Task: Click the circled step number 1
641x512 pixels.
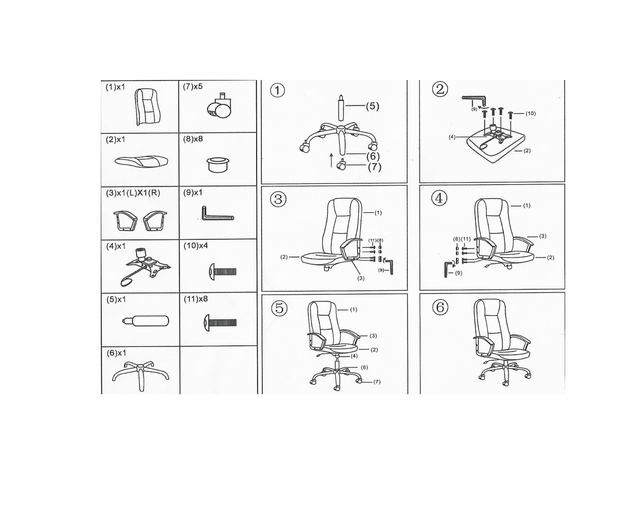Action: coord(277,90)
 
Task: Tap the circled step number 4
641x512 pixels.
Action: coord(439,198)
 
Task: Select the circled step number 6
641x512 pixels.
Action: coord(440,307)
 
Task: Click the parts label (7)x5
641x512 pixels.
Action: coord(193,86)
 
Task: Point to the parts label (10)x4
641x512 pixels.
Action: coord(196,246)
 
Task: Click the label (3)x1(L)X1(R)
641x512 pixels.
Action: coord(133,193)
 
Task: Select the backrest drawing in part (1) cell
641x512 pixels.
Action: coord(147,106)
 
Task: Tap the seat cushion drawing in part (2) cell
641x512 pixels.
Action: coord(141,161)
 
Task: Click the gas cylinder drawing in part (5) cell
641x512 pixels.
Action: coord(145,321)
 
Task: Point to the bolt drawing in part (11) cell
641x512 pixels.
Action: coord(220,322)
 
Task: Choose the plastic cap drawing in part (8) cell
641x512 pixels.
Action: coord(218,165)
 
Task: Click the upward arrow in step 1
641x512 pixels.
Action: coord(331,160)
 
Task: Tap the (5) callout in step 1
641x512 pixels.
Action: coord(372,106)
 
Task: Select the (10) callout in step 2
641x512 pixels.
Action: coord(530,114)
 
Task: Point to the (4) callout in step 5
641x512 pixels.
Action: coord(354,356)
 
